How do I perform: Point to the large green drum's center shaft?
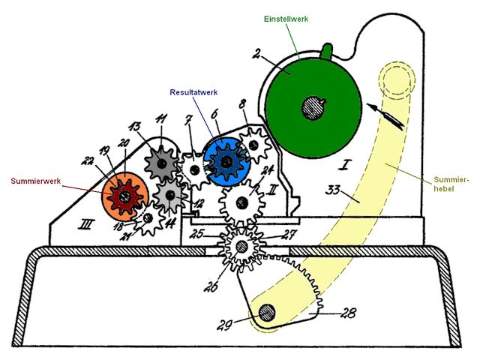point(313,107)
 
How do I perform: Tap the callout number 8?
point(241,104)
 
